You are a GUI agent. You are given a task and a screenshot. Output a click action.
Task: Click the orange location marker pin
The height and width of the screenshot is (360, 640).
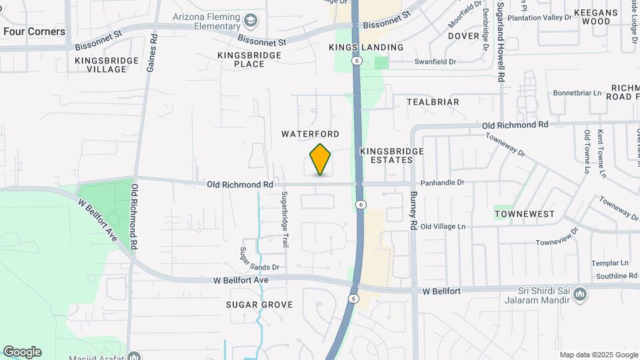point(321,159)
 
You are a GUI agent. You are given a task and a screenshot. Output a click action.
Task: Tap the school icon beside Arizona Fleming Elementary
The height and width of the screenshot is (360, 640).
point(251,20)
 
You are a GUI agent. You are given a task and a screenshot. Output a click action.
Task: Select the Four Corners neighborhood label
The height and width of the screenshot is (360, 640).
point(34,31)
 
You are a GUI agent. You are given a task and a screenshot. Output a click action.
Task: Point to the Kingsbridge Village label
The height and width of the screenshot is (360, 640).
point(107,65)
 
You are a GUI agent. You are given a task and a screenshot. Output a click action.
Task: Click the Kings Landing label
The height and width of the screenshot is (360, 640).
point(366,47)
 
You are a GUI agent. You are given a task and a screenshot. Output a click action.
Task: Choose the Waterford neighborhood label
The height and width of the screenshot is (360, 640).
point(310,134)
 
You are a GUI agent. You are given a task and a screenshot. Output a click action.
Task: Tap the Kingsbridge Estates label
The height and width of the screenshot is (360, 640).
point(392,155)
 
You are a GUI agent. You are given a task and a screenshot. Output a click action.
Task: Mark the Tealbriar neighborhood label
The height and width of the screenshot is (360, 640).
point(433,102)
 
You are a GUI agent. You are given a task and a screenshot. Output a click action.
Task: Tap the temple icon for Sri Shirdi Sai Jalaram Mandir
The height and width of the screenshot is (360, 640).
point(580,293)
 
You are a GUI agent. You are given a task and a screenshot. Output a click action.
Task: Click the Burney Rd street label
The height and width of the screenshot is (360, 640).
point(413,212)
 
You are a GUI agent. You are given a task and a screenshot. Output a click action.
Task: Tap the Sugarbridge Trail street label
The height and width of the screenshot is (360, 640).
point(285,219)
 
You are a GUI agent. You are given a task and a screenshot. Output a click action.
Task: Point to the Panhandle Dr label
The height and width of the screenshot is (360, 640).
point(441,182)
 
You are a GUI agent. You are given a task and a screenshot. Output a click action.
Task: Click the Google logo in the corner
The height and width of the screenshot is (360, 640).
point(22,351)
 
